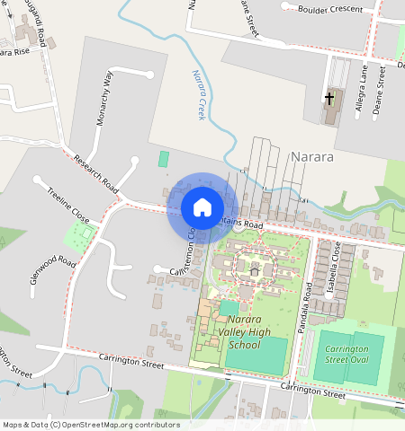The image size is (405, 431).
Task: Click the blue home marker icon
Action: pos(202,207)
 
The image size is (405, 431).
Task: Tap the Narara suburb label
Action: pos(312,156)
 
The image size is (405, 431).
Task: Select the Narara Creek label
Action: pos(197,96)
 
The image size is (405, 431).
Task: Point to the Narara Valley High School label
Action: pos(231,332)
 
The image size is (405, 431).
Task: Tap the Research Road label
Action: pos(96,173)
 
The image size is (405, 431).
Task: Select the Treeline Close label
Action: pos(67,206)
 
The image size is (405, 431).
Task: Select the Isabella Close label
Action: pos(336,261)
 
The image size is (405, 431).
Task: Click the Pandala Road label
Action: pos(305,306)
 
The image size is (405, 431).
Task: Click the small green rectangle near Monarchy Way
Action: pos(164,158)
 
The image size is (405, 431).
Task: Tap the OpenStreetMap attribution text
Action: pos(90,425)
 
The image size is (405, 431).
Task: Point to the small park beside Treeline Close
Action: pos(79,235)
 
